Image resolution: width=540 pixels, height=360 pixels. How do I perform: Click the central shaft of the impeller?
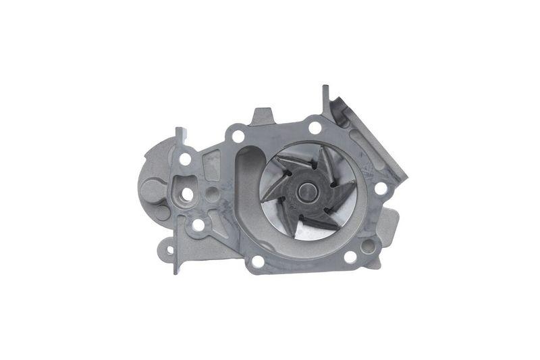coord(308,192)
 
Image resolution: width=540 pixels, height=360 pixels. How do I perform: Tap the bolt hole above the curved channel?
coord(237,136)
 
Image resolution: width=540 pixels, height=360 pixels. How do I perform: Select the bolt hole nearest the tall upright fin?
coord(315,127)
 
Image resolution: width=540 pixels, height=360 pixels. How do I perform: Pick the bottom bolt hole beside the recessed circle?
coord(350,257)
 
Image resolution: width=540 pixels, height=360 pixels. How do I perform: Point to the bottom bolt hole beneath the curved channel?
coord(257,261)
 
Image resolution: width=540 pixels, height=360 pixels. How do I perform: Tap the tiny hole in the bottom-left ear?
coord(169,251)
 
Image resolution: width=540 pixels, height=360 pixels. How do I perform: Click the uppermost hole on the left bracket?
coord(185,159)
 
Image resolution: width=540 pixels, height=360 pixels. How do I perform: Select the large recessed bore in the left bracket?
coord(187,195)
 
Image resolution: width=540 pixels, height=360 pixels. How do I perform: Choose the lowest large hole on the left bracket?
coord(198,224)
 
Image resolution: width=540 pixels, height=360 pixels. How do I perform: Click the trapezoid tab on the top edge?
coord(263,116)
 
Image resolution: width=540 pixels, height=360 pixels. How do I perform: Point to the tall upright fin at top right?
coord(326,101)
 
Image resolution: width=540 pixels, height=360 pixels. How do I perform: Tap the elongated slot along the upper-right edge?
coord(368,149)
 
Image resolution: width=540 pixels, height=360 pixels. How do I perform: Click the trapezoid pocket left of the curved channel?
coord(212,162)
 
